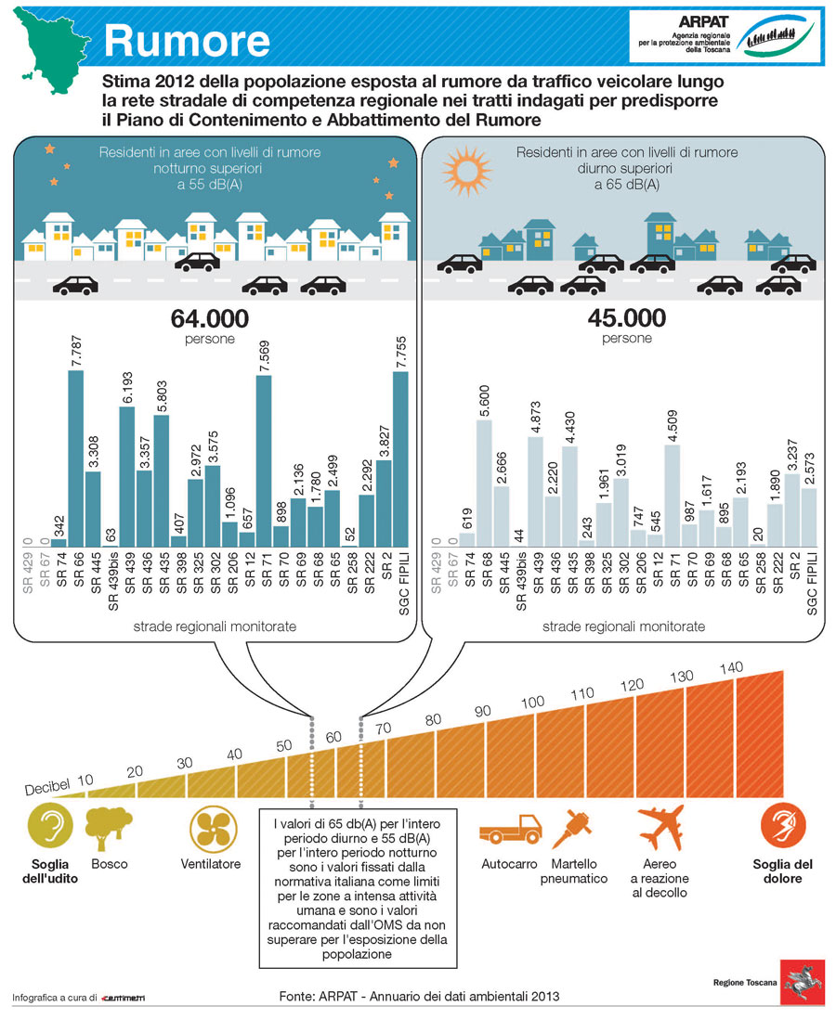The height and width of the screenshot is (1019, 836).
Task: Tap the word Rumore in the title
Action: [x=187, y=40]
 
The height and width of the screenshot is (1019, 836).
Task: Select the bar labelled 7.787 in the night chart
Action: [x=75, y=458]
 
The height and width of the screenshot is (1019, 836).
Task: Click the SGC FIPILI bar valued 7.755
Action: [x=400, y=458]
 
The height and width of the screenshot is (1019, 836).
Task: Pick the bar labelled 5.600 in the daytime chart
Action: [x=483, y=483]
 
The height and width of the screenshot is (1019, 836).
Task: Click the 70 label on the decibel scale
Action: [x=383, y=728]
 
